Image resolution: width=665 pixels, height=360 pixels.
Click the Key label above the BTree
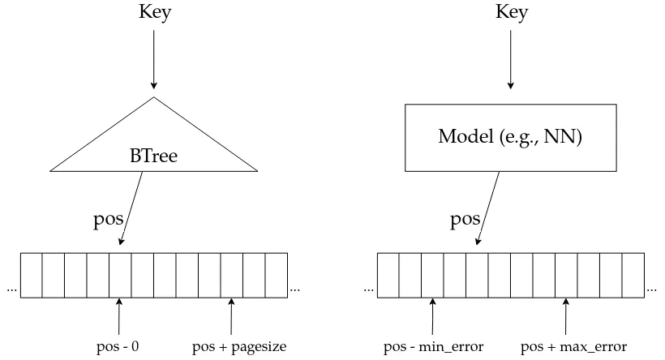click(x=153, y=13)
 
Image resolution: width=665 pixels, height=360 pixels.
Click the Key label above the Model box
click(x=510, y=13)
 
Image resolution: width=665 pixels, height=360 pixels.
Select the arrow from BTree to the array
click(x=131, y=208)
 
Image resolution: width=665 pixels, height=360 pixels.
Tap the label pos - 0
click(x=119, y=347)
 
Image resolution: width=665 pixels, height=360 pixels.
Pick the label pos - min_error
click(x=433, y=347)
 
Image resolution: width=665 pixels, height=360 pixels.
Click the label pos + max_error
click(x=573, y=347)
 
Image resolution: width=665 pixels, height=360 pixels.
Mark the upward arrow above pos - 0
click(x=119, y=315)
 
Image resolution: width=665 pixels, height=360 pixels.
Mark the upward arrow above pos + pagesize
click(x=232, y=315)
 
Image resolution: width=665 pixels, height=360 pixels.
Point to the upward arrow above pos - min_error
click(x=432, y=315)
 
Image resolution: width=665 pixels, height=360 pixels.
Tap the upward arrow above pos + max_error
click(x=567, y=315)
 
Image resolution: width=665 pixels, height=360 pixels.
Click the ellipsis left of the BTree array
click(x=11, y=288)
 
